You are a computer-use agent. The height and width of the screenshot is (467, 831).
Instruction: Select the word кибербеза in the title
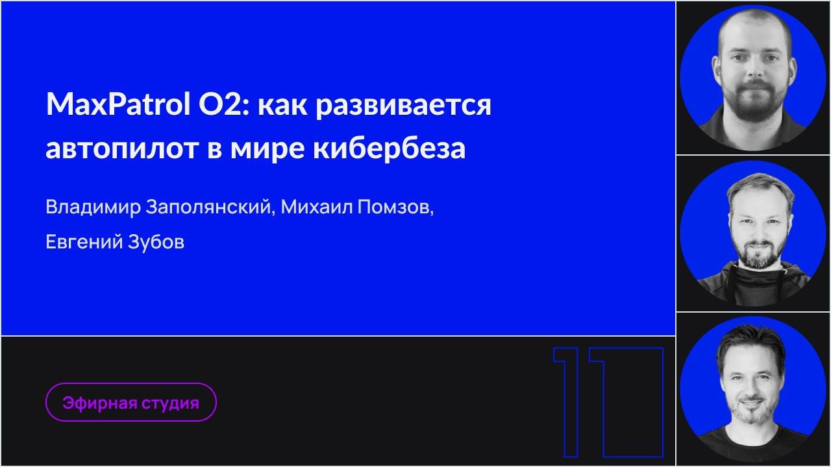(389, 149)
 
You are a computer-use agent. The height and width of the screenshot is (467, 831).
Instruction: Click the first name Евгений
(75, 242)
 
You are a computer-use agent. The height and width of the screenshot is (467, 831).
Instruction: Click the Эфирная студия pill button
(130, 403)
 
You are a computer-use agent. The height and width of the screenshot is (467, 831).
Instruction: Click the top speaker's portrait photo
(753, 78)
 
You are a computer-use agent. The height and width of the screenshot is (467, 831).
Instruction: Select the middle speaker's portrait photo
(753, 233)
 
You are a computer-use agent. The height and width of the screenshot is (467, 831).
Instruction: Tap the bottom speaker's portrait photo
(753, 389)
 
